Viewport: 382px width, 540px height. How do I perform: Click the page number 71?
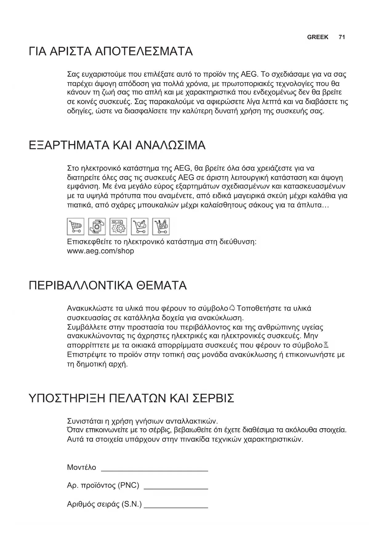coord(342,37)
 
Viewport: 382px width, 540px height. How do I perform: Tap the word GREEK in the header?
coord(318,37)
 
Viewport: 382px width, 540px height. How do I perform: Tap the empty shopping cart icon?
coord(75,227)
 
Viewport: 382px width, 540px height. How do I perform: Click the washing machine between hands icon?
coord(97,227)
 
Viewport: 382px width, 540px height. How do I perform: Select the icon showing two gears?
coord(118,227)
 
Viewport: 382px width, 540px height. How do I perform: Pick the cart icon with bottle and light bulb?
coord(139,227)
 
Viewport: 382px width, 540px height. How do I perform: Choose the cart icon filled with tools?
coord(161,227)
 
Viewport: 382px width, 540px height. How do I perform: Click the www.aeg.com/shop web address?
coord(100,251)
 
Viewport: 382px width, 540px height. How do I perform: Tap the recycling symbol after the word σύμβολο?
coord(232,308)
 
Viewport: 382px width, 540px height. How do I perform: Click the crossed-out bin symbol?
coord(326,345)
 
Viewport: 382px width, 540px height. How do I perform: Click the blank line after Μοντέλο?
coord(155,470)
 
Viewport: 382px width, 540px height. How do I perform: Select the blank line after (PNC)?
coord(176,488)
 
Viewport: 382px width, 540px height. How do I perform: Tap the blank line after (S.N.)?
coord(176,507)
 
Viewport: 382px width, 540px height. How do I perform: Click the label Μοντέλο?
coord(82,467)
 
